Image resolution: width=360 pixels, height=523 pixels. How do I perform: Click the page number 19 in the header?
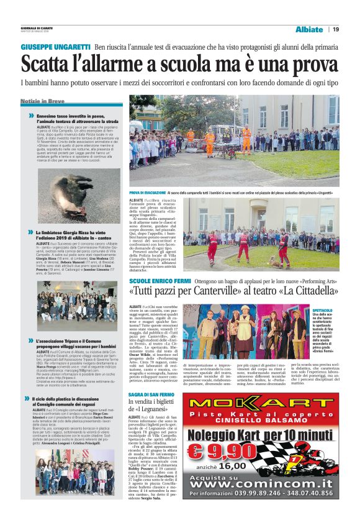[x=335, y=29]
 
